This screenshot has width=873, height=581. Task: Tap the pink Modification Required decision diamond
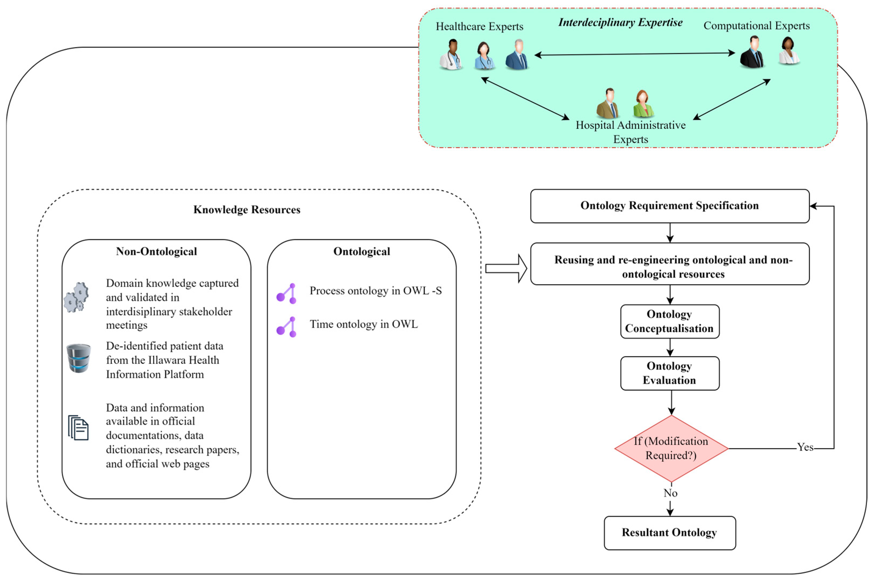click(671, 448)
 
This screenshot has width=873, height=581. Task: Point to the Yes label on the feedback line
click(805, 447)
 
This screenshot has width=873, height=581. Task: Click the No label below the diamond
click(670, 493)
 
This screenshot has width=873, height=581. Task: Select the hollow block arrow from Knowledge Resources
click(505, 268)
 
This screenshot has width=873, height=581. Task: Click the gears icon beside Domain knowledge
click(76, 297)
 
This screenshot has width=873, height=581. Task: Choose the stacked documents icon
click(78, 428)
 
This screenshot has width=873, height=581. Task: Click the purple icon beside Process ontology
click(287, 293)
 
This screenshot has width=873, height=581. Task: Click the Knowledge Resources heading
click(247, 210)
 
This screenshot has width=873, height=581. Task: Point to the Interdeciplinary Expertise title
click(620, 23)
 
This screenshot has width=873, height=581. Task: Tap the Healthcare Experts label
click(479, 27)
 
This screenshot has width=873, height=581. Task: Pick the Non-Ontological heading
click(156, 252)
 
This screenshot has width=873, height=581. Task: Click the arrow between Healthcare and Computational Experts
click(634, 54)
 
